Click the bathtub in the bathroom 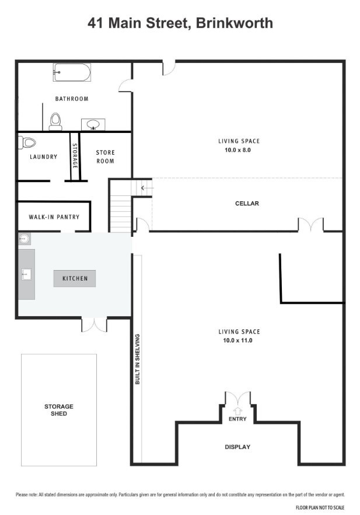tap(72, 72)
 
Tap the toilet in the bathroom tap(55, 121)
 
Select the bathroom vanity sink tap(93, 124)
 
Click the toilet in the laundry tap(27, 142)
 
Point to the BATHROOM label tap(72, 99)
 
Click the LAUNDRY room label tap(43, 157)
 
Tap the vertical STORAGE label tap(75, 156)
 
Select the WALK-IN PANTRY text tap(54, 217)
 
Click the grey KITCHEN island tap(75, 279)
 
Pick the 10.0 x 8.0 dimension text tap(237, 150)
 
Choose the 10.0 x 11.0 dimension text tap(237, 341)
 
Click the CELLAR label tap(247, 204)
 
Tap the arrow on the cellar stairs tap(147, 188)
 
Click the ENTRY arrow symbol tap(237, 411)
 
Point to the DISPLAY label tap(237, 447)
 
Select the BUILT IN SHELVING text tap(138, 359)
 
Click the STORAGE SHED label tap(59, 410)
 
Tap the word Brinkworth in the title tap(235, 23)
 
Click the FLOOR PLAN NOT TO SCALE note tap(320, 507)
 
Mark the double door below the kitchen tap(95, 325)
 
